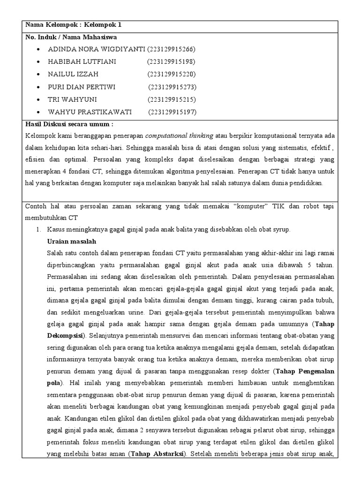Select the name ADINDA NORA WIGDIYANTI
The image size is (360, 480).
pos(97,49)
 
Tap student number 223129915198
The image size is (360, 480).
pos(171,62)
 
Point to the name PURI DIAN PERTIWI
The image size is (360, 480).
pos(82,87)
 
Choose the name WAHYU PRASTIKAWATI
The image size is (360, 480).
pos(90,112)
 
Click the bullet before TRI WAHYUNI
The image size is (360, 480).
pos(37,99)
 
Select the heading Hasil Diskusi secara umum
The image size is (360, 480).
pos(69,125)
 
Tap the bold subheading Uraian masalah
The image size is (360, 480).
pos(72,241)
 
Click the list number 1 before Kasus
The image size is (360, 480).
pos(38,229)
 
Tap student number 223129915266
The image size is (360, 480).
pos(171,49)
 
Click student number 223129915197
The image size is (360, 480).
pos(172,112)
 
